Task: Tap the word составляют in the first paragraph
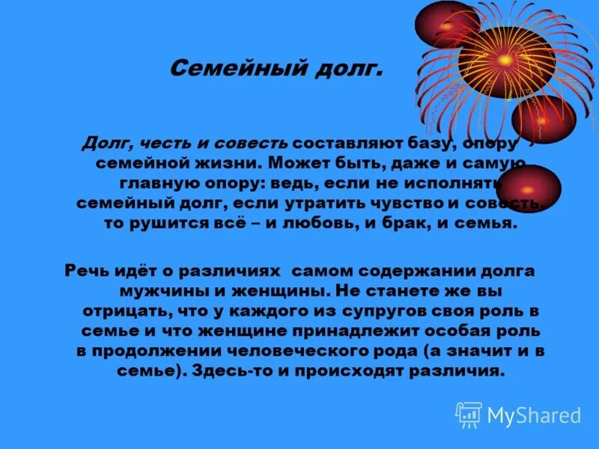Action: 337,142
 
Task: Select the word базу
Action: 411,142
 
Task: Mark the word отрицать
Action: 121,310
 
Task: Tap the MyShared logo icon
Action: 469,415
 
